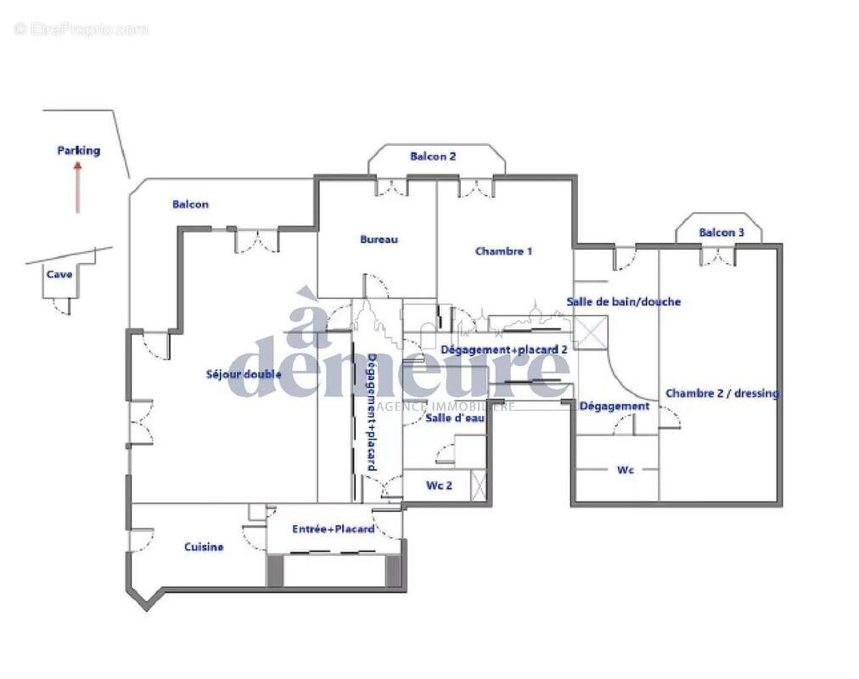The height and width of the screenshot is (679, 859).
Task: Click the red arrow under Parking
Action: pyautogui.click(x=78, y=188)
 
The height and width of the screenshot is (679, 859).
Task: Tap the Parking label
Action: pyautogui.click(x=78, y=151)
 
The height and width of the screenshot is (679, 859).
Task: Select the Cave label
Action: pyautogui.click(x=59, y=274)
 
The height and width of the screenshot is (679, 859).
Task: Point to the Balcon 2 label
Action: pyautogui.click(x=433, y=156)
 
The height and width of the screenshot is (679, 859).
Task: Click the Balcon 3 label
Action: pyautogui.click(x=721, y=233)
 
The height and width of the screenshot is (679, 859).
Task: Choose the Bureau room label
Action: pyautogui.click(x=379, y=239)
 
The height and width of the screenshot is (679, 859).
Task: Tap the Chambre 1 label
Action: pyautogui.click(x=504, y=251)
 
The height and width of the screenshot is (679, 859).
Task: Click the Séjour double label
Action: pyautogui.click(x=244, y=374)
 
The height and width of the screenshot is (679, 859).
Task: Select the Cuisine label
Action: pyautogui.click(x=204, y=547)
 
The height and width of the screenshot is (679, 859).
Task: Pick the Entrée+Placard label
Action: pyautogui.click(x=334, y=529)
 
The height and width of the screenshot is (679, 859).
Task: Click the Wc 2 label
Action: pyautogui.click(x=438, y=486)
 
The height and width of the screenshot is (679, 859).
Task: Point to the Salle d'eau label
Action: pyautogui.click(x=450, y=418)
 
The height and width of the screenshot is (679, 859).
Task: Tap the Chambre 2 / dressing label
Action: pyautogui.click(x=721, y=393)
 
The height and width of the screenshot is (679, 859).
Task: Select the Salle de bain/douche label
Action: pyautogui.click(x=623, y=301)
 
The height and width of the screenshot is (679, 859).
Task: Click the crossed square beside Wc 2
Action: pyautogui.click(x=480, y=486)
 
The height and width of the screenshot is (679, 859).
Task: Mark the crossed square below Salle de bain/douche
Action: pyautogui.click(x=592, y=333)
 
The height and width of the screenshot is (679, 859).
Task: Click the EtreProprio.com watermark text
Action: pyautogui.click(x=81, y=30)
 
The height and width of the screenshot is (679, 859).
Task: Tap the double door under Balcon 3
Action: pyautogui.click(x=718, y=255)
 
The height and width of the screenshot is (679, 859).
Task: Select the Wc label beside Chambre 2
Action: pyautogui.click(x=626, y=469)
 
